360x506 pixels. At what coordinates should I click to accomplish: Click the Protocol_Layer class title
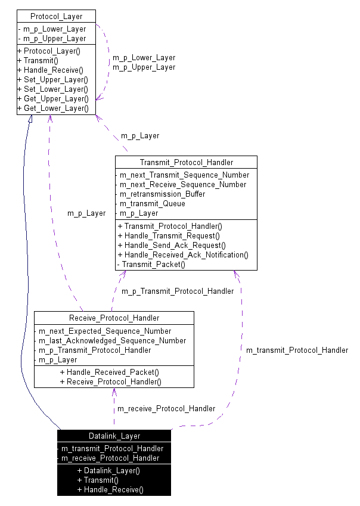pos(56,16)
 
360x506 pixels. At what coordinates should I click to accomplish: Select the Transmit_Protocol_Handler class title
pos(186,162)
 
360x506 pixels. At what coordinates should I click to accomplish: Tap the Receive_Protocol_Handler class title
pos(114,317)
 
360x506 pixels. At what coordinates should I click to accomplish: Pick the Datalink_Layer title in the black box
pos(114,436)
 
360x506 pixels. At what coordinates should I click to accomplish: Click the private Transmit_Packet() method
pos(153,264)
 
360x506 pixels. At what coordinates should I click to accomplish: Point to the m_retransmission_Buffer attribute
pos(162,194)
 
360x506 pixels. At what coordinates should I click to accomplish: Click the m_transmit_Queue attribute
pos(152,203)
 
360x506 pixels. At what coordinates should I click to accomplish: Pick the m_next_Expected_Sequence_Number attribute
pos(105,331)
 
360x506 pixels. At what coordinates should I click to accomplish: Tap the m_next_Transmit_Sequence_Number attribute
pos(184,175)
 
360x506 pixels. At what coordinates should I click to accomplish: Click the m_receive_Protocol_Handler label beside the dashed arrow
pos(166,408)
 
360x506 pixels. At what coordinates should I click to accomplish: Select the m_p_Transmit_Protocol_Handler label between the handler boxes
pos(178,291)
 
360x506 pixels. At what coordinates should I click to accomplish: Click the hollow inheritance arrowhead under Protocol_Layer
pos(29,119)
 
